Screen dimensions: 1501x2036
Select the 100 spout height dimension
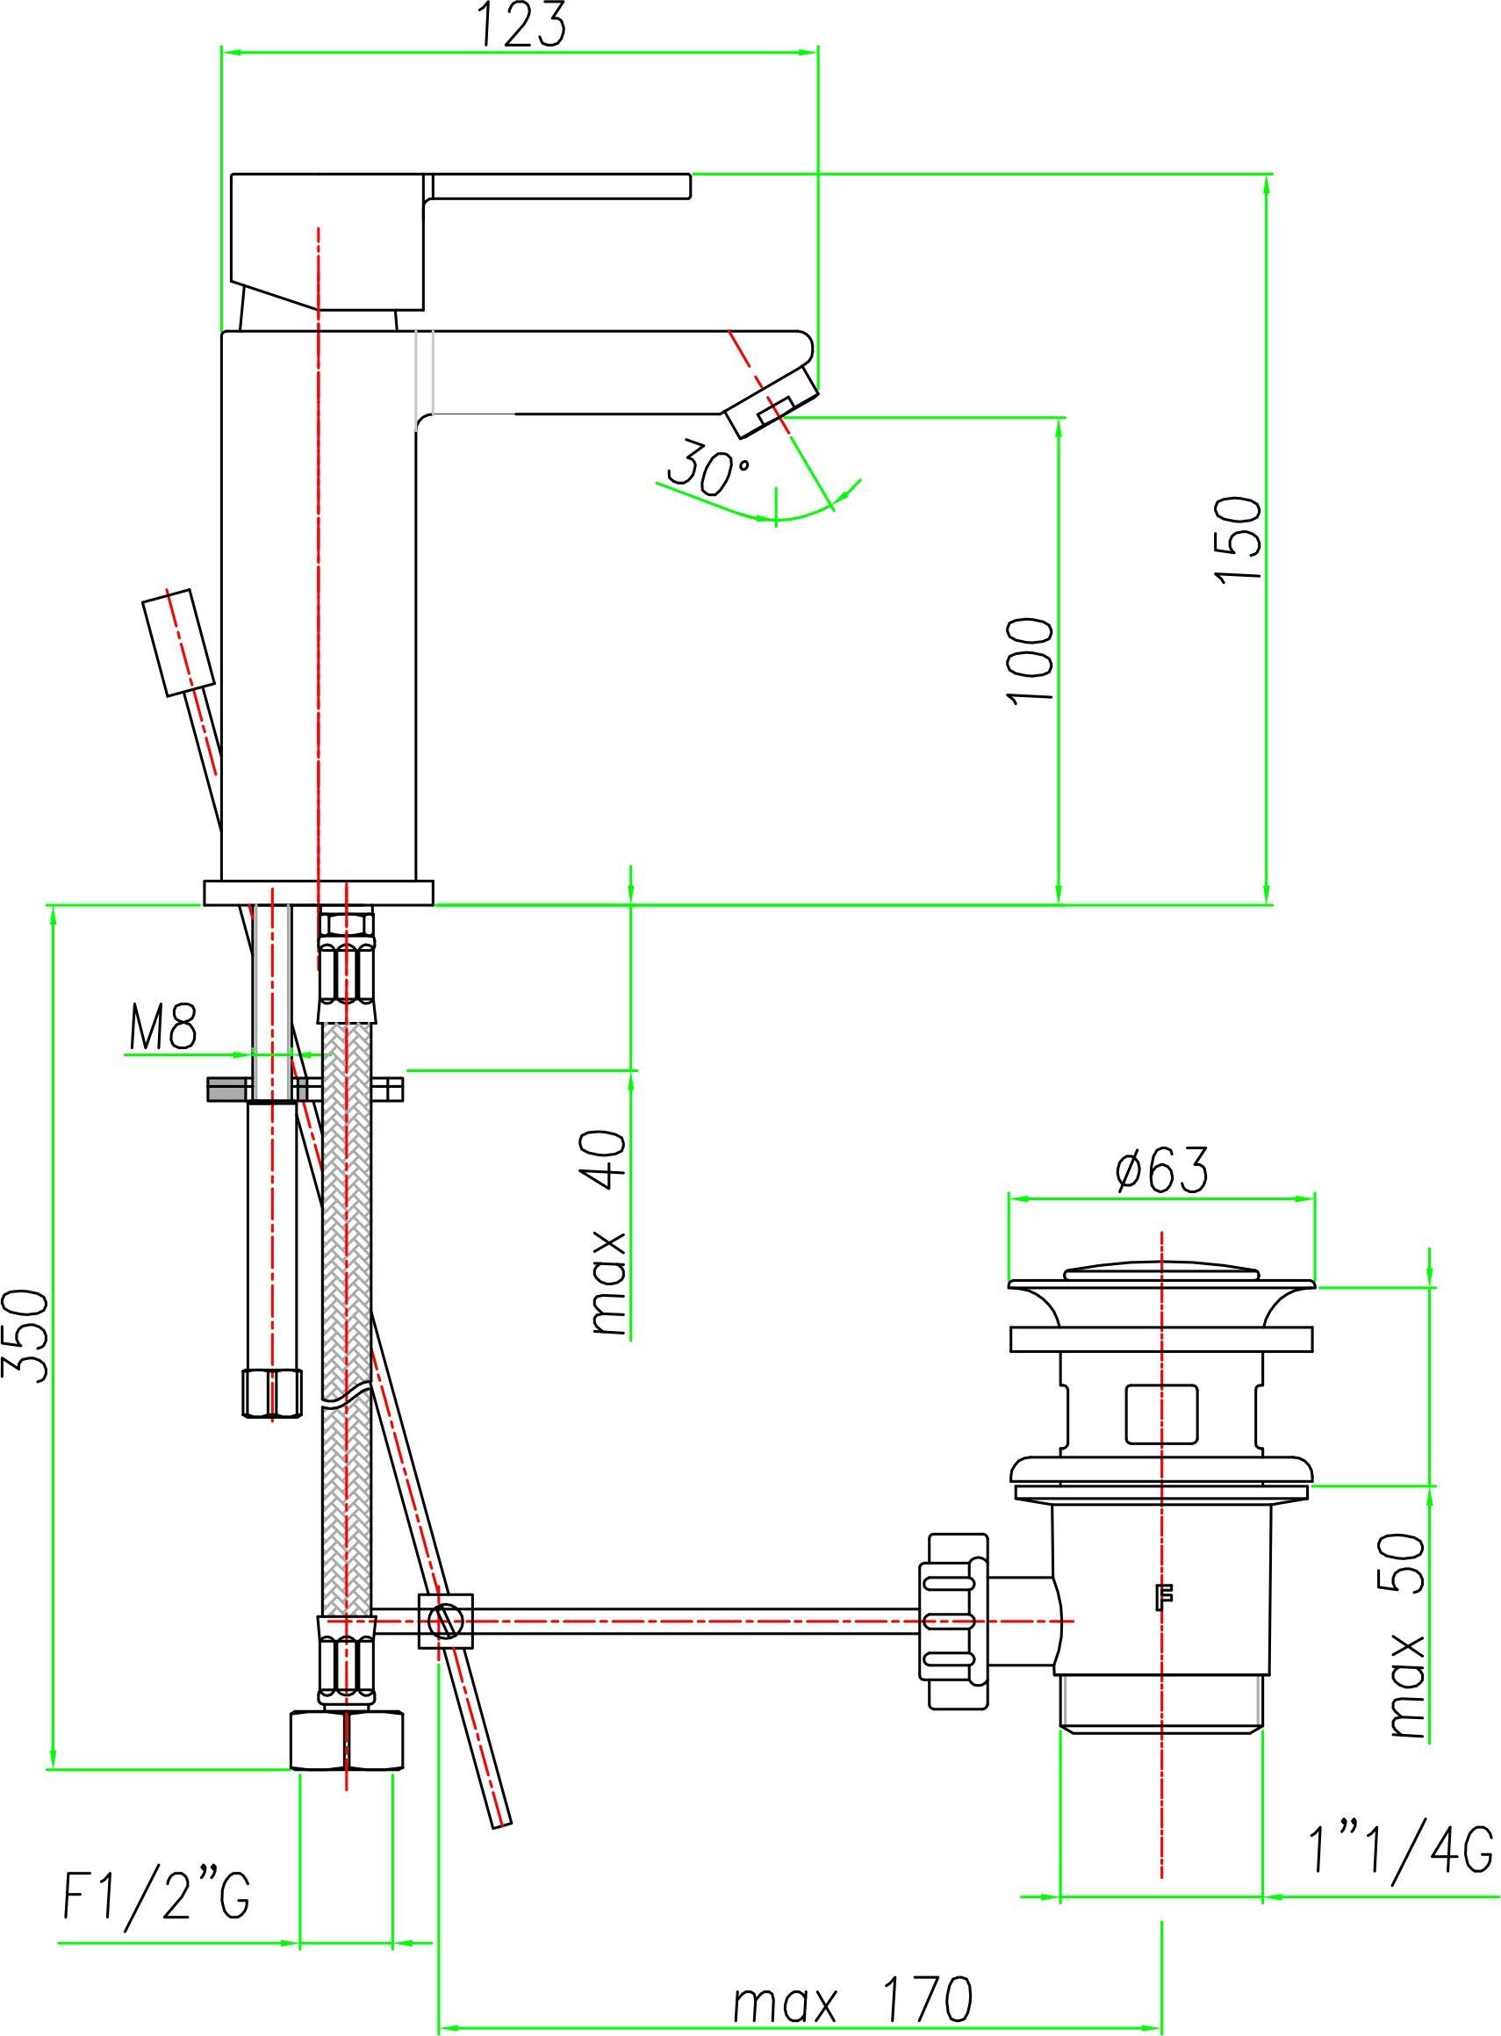tap(1031, 660)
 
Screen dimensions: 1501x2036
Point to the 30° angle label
tap(709, 468)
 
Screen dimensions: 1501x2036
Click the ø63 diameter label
tap(1162, 1170)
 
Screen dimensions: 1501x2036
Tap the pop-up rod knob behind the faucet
tap(179, 643)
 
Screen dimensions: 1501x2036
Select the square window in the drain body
tap(1161, 1413)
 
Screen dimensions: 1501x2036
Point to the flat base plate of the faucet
tap(319, 892)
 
